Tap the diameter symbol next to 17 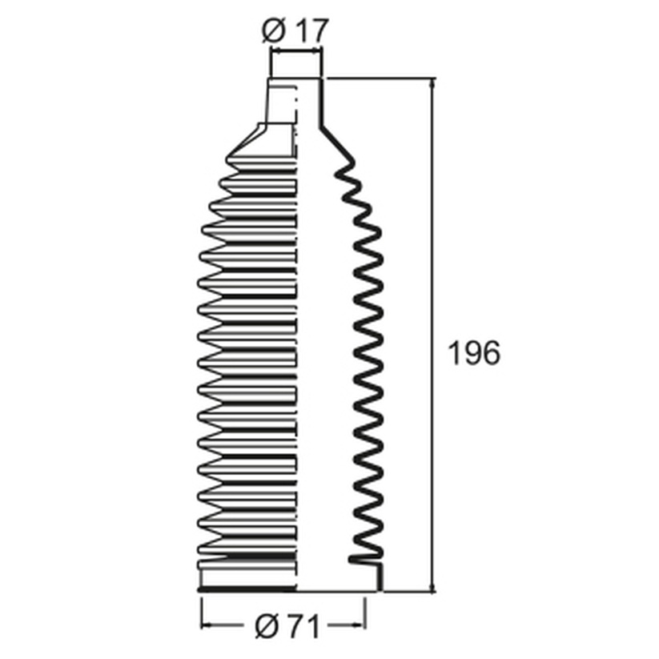click(x=274, y=30)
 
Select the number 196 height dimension click(x=474, y=353)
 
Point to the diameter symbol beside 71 click(x=267, y=627)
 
